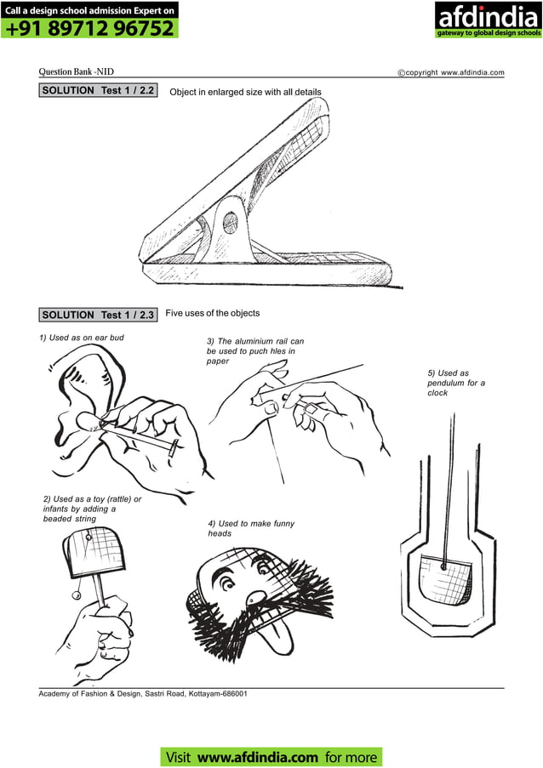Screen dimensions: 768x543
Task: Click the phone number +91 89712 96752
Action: tap(89, 28)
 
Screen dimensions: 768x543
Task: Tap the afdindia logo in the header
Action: tap(488, 20)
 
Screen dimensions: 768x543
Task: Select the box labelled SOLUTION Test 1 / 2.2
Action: tap(98, 89)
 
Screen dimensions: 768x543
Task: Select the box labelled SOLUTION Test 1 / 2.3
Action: tap(99, 315)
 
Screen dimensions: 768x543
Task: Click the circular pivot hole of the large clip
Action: tap(230, 224)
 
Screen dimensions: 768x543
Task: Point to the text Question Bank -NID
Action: tap(77, 72)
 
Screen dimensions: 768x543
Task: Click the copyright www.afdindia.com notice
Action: tap(451, 73)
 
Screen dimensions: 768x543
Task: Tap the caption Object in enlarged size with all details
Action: tap(246, 91)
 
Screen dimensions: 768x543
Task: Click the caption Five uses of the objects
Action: tap(212, 313)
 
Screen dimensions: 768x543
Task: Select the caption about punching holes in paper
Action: tap(254, 350)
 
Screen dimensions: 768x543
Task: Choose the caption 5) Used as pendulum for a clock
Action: tap(456, 383)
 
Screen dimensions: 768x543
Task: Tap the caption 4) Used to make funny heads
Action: tap(251, 528)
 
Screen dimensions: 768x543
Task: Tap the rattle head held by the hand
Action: tap(94, 549)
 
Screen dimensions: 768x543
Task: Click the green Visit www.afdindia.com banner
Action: tap(271, 756)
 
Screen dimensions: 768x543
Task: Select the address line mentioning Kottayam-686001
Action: tap(143, 694)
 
